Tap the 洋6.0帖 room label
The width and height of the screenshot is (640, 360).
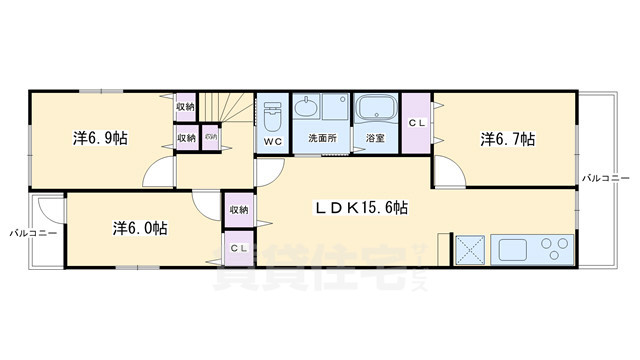tap(139, 227)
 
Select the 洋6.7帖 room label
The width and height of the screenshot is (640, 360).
tap(507, 138)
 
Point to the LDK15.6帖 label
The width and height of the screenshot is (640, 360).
tap(362, 207)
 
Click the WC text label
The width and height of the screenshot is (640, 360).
tap(272, 142)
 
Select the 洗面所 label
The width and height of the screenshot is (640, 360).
tap(322, 138)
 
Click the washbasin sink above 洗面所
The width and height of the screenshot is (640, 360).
tap(307, 108)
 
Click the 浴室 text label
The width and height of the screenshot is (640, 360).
tap(376, 138)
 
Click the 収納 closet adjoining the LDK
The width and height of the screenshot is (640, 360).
tap(238, 209)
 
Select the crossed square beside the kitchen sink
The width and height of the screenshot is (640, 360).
tap(469, 249)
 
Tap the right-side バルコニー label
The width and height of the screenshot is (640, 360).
tap(606, 177)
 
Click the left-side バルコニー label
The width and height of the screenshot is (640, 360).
tap(33, 231)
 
